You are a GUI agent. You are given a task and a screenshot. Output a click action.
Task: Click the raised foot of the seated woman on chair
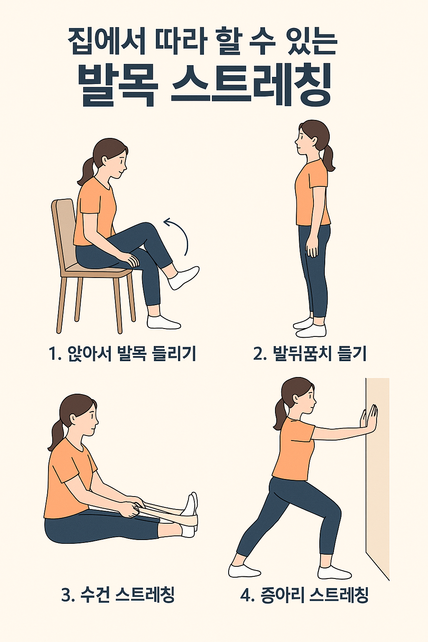184,277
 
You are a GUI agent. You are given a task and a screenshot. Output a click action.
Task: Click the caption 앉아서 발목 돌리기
131,354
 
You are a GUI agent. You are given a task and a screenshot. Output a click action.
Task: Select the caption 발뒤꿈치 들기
319,354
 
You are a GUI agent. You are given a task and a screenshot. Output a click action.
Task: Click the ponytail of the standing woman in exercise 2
328,159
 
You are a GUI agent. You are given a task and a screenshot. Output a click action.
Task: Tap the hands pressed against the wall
369,419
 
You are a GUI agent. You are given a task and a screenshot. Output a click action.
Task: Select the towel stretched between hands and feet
167,512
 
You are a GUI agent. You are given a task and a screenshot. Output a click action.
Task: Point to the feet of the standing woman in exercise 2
310,328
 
